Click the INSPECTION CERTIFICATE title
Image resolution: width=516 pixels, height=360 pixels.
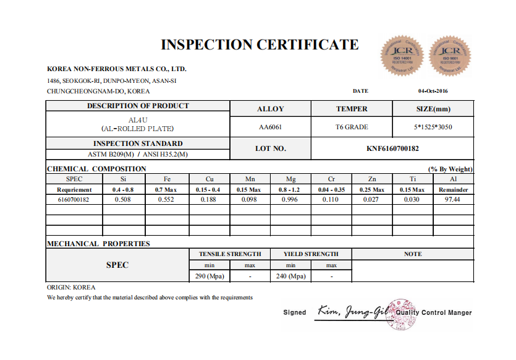point(260,45)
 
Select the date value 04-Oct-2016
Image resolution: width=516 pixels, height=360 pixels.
point(433,91)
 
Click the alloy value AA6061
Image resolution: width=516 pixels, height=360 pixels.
point(270,127)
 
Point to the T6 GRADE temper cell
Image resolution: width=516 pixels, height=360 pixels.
point(352,127)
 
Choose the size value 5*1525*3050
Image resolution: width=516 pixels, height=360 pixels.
point(433,127)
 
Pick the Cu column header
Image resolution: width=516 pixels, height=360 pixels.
point(211,179)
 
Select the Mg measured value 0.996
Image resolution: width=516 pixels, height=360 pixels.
point(290,200)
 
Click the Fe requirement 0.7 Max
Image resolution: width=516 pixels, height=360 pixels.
point(167,189)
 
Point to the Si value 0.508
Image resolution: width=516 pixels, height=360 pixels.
point(124,200)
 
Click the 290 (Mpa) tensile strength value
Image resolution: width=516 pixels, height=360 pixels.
point(209,276)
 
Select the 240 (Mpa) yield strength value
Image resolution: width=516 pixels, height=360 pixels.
point(290,276)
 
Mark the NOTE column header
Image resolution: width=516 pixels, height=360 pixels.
point(412,254)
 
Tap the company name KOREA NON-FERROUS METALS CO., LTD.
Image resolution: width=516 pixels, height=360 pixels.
point(117,69)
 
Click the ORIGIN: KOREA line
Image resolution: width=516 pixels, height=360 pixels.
point(71,288)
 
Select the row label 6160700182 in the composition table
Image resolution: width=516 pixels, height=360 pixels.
point(74,200)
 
